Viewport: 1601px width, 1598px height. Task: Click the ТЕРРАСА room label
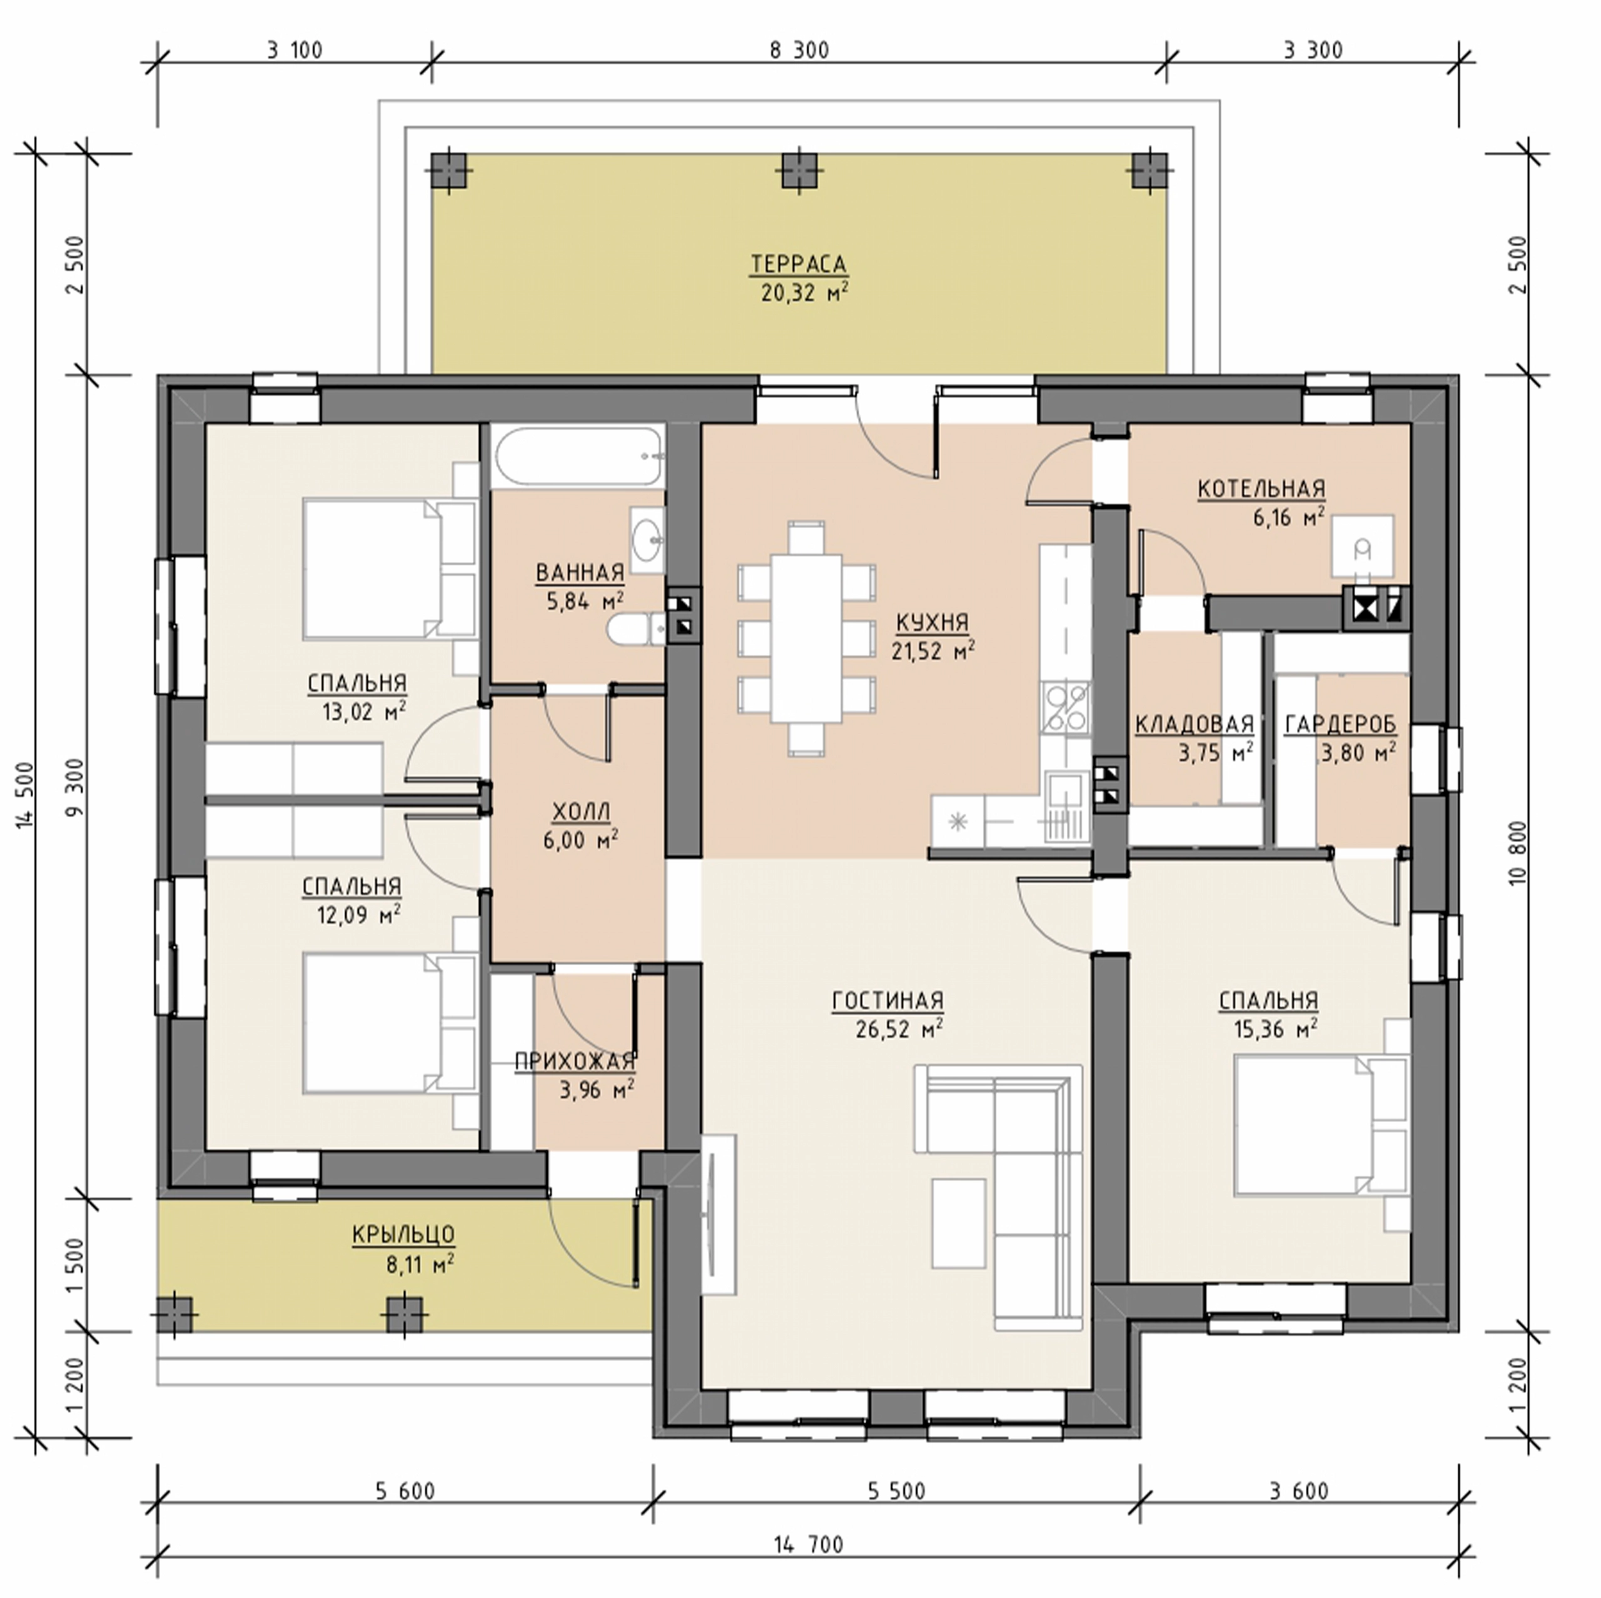pos(799,264)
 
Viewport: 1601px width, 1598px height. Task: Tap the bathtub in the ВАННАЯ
pos(579,456)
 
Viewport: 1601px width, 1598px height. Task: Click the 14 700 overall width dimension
pos(809,1544)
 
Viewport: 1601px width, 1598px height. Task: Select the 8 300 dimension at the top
pos(799,51)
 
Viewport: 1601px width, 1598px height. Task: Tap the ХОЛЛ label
pos(580,811)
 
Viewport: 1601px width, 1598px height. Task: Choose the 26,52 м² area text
pos(899,1030)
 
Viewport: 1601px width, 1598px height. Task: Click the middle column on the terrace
pos(799,173)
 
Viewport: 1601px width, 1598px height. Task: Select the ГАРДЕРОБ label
pos(1340,725)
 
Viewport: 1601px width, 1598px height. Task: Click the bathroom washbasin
pos(647,541)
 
